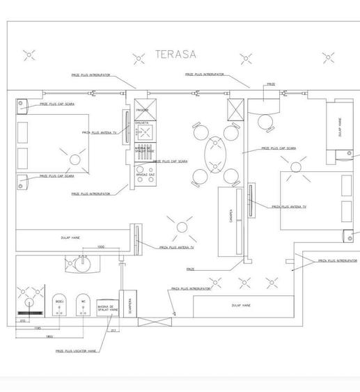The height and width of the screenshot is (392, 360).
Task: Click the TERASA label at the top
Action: [175, 54]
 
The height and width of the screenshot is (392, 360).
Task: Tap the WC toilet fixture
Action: [84, 307]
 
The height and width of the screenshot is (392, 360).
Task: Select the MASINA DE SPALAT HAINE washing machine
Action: [106, 311]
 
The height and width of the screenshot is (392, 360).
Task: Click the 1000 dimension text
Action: [100, 247]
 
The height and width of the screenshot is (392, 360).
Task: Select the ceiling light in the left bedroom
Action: [74, 159]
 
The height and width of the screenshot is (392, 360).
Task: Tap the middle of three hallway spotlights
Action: [244, 282]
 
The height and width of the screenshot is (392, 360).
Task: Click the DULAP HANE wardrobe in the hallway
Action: [240, 305]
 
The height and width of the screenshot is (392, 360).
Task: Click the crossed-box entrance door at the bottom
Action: [155, 322]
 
